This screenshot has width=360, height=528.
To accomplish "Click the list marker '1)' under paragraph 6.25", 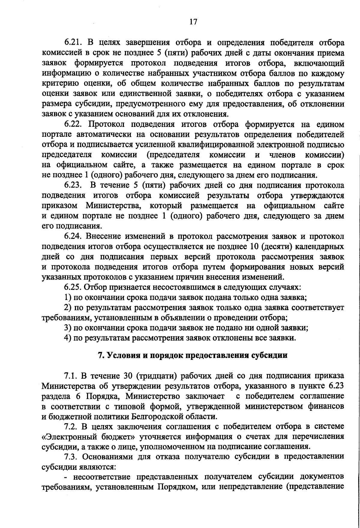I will (68, 298).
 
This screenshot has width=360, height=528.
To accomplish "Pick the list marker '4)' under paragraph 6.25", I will (68, 338).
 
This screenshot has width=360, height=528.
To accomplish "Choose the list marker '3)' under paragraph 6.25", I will (68, 328).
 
